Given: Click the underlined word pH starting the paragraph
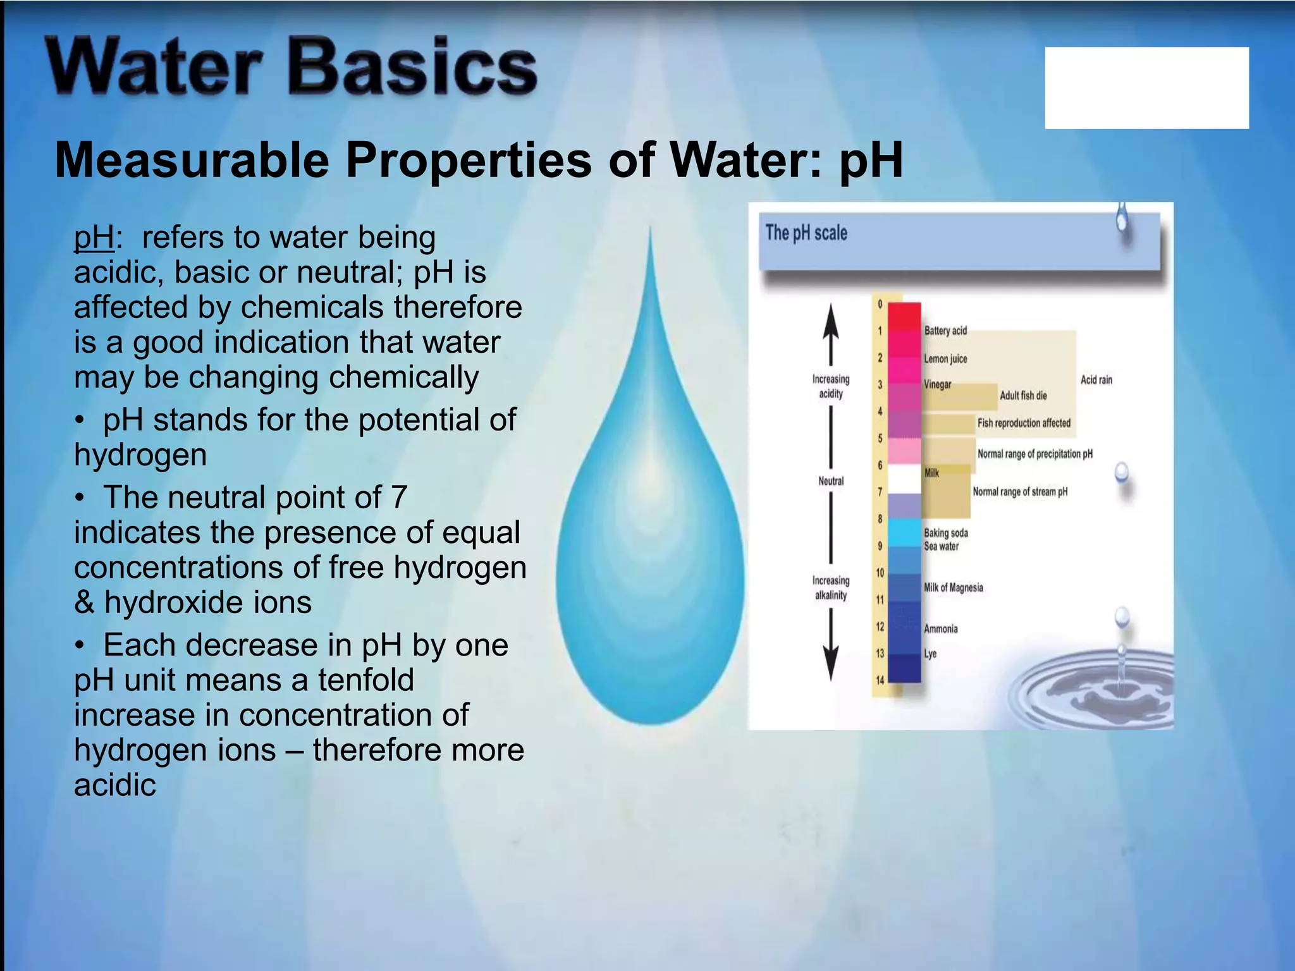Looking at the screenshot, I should (x=94, y=238).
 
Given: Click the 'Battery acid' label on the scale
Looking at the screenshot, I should (x=945, y=331).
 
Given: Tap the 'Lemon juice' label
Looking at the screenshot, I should (x=945, y=358).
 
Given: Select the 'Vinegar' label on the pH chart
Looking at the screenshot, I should (x=937, y=384).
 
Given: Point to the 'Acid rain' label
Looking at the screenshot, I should (x=1096, y=380).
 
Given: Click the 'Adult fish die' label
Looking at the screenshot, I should (x=1022, y=396).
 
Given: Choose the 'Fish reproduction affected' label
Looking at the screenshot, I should (x=1024, y=423).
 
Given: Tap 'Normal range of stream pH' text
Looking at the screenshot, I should (x=1019, y=492).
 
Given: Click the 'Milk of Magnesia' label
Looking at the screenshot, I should (x=953, y=587).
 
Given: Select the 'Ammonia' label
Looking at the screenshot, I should (x=940, y=629).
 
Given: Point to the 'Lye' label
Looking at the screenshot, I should (x=930, y=654).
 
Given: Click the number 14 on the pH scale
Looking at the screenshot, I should (x=880, y=680).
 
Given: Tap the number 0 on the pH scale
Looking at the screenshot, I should (x=880, y=304).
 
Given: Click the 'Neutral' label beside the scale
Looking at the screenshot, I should (x=831, y=481).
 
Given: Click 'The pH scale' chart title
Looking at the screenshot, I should (x=806, y=233).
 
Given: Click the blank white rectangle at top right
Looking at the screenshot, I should (x=1146, y=88).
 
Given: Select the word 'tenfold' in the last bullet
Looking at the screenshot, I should (x=365, y=681).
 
